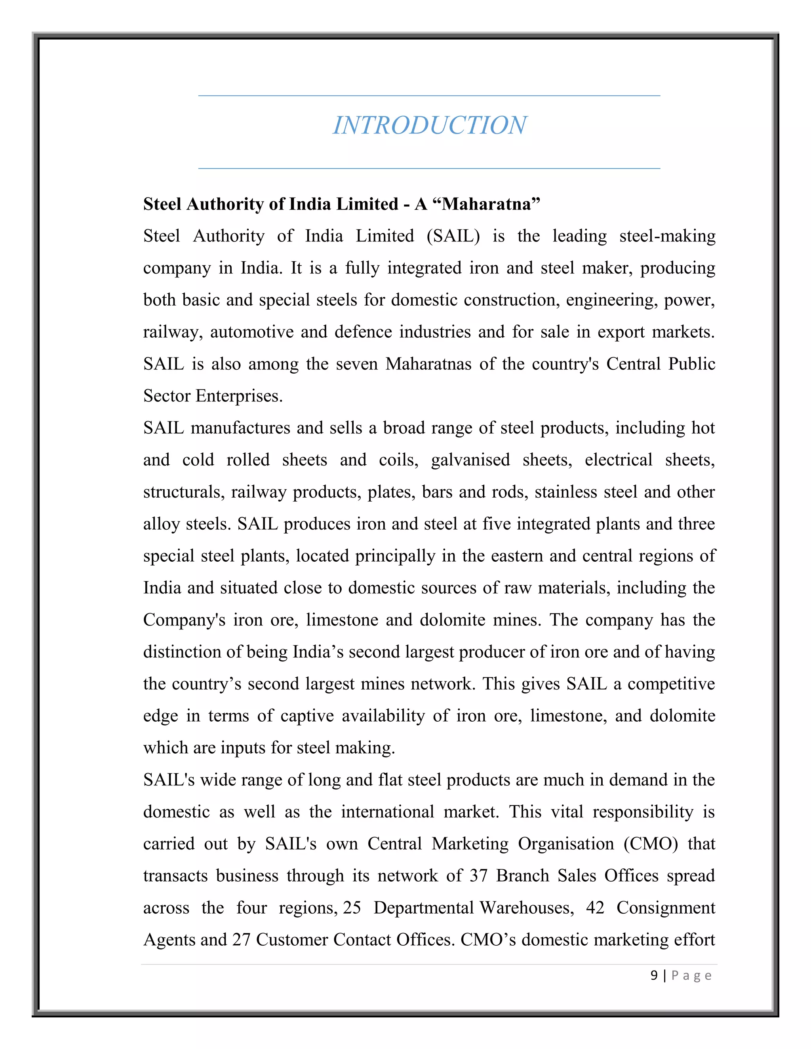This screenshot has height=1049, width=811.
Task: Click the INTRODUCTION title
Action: (x=430, y=126)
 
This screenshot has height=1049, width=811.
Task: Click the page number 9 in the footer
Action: (x=654, y=975)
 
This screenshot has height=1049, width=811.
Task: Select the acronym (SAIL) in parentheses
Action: (x=453, y=236)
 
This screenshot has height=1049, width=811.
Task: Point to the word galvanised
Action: (x=470, y=460)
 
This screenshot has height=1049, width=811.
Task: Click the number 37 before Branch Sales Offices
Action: (x=478, y=876)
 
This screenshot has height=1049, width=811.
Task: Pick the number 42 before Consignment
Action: (x=595, y=908)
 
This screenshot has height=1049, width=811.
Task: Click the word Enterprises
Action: (x=239, y=396)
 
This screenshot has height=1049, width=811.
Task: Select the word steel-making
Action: (x=667, y=236)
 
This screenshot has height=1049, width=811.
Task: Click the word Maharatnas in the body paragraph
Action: (x=428, y=364)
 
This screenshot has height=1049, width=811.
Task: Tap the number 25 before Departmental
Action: (x=352, y=908)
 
